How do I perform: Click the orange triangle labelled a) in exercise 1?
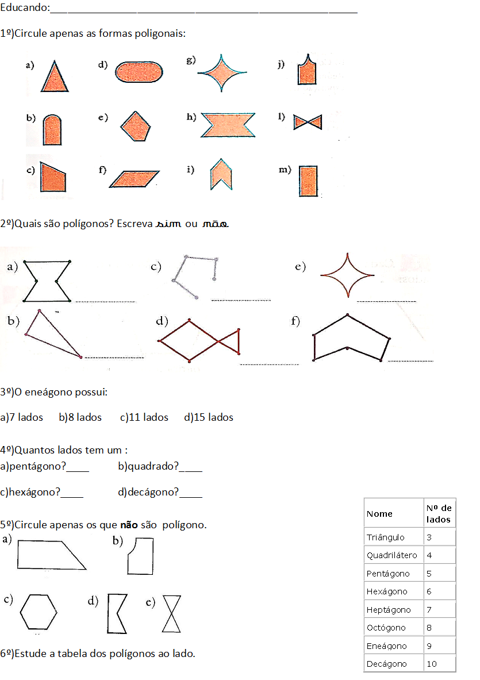pyautogui.click(x=55, y=78)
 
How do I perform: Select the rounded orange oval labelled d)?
pyautogui.click(x=139, y=72)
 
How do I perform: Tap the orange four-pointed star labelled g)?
pyautogui.click(x=222, y=73)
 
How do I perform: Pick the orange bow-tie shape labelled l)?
pyautogui.click(x=308, y=122)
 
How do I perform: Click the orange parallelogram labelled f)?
pyautogui.click(x=134, y=179)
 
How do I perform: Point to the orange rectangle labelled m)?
pyautogui.click(x=308, y=181)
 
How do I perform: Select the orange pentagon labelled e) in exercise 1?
pyautogui.click(x=136, y=126)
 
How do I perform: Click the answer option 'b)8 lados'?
pyautogui.click(x=80, y=417)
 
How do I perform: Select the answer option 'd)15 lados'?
pyautogui.click(x=209, y=417)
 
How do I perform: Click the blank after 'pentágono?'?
pyautogui.click(x=78, y=471)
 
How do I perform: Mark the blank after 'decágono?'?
pyautogui.click(x=191, y=497)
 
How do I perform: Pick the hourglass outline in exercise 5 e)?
pyautogui.click(x=171, y=614)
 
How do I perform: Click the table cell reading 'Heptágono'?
pyautogui.click(x=389, y=610)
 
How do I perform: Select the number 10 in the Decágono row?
pyautogui.click(x=432, y=663)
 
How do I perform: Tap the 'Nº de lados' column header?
pyautogui.click(x=439, y=513)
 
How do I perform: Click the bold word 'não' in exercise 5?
pyautogui.click(x=129, y=525)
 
